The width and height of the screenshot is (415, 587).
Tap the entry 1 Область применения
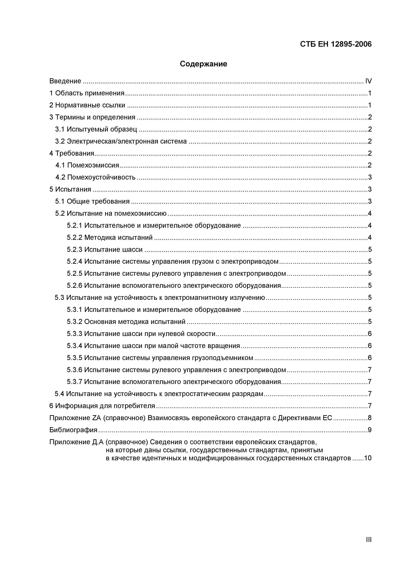(x=87, y=93)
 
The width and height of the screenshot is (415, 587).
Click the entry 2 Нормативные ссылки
(x=87, y=105)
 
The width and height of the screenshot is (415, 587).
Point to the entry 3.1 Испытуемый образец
(x=96, y=129)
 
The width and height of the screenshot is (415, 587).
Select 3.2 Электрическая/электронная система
(x=121, y=141)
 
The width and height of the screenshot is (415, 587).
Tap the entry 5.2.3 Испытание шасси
(x=105, y=249)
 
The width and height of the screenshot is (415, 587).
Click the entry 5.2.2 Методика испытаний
(x=110, y=237)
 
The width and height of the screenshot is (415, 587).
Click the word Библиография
(x=73, y=430)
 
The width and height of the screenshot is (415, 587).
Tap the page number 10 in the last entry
(x=368, y=458)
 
